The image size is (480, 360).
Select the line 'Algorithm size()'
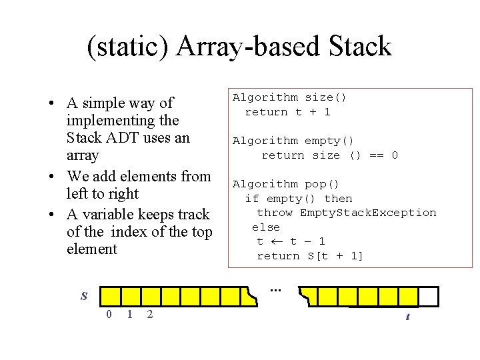[289, 98]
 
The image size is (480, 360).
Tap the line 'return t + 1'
[287, 112]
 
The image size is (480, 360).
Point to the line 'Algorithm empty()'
[293, 141]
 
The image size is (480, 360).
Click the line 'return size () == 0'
[329, 155]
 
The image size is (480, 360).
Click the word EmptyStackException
[368, 213]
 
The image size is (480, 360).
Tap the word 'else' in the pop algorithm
[265, 227]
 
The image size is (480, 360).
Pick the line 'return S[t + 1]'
[310, 256]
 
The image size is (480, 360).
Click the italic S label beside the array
[84, 296]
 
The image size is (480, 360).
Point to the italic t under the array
[407, 317]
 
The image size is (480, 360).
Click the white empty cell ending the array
[429, 296]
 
